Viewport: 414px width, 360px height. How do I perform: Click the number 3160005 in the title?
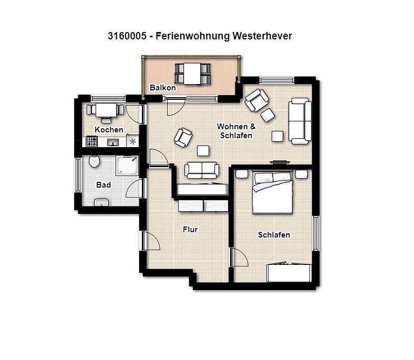click(127, 36)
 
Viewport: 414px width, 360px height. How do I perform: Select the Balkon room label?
click(162, 88)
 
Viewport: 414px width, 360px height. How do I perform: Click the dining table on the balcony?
click(193, 73)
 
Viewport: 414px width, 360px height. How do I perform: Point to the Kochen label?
click(109, 130)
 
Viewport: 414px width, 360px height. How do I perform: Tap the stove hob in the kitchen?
click(92, 141)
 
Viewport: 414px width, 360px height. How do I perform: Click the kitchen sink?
click(113, 142)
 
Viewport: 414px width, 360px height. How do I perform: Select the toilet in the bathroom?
click(95, 161)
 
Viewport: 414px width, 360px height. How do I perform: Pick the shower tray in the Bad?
click(127, 166)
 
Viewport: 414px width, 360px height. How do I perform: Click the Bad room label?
click(103, 185)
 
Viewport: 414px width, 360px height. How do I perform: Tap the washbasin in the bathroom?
click(102, 203)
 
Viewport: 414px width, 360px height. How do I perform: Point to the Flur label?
click(190, 230)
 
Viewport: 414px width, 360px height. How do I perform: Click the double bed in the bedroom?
click(272, 192)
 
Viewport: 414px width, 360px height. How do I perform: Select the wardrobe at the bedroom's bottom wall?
click(289, 273)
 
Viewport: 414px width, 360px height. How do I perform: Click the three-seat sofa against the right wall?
click(300, 120)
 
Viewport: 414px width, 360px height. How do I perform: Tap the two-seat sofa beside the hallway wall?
click(202, 170)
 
